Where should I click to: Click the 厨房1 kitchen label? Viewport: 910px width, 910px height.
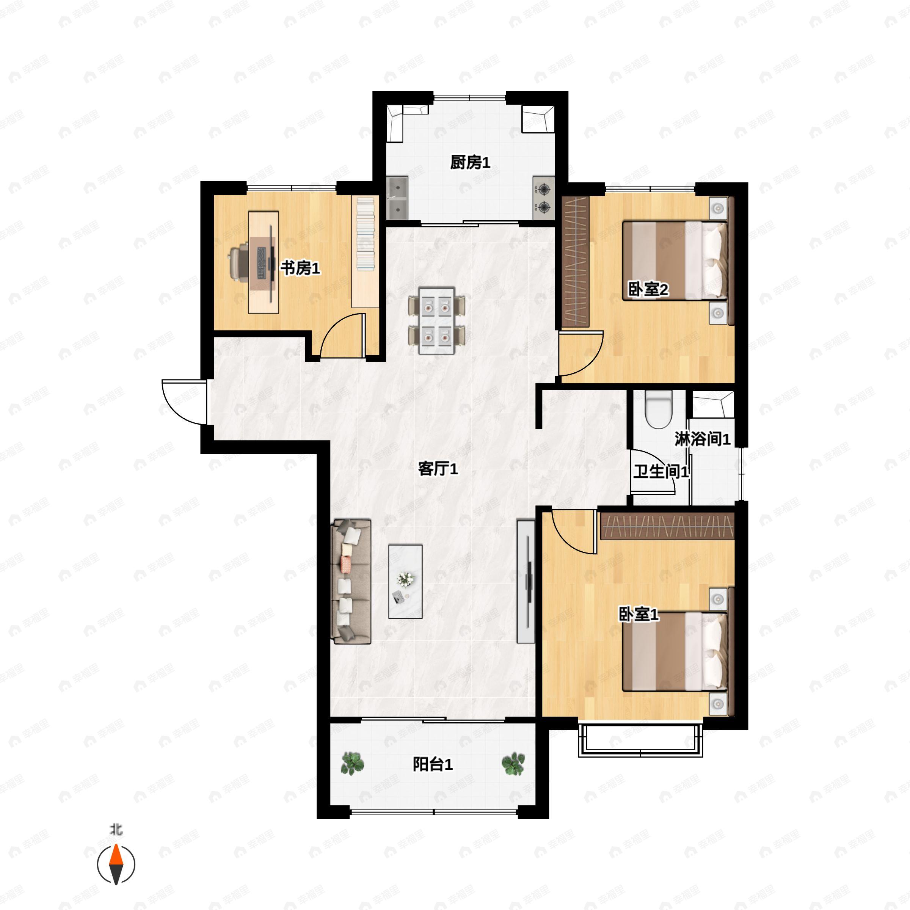click(x=470, y=163)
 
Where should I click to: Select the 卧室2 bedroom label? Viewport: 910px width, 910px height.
click(x=648, y=289)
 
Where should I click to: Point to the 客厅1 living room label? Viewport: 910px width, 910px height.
click(x=438, y=469)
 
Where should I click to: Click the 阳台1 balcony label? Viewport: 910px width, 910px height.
click(x=433, y=764)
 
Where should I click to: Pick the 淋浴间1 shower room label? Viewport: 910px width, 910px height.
click(x=702, y=439)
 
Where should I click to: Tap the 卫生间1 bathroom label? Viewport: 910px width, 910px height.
click(x=661, y=471)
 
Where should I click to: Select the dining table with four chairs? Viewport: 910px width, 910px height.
click(x=437, y=320)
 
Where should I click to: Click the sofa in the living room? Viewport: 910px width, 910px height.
click(x=351, y=581)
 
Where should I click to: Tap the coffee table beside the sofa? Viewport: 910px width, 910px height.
click(x=405, y=582)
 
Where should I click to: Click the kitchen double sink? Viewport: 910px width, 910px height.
click(x=397, y=198)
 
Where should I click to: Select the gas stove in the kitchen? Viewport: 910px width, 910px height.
click(x=544, y=198)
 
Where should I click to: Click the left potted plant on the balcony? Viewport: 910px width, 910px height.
click(x=352, y=764)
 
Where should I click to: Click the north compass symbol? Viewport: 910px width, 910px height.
click(x=116, y=865)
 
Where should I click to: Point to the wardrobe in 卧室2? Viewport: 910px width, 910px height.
click(x=576, y=262)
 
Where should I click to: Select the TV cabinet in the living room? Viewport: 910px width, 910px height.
click(x=526, y=581)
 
